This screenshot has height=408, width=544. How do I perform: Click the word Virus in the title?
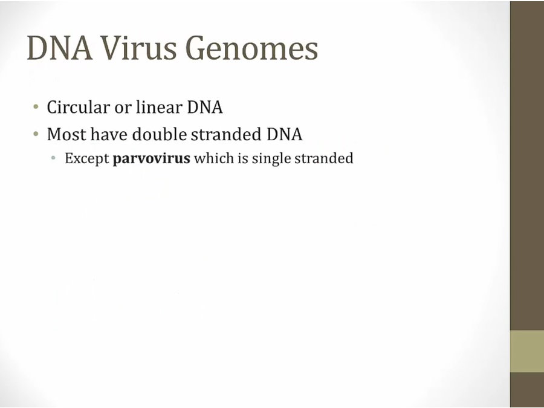139,48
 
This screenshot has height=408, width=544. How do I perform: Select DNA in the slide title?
60,48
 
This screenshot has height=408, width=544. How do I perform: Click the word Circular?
78,107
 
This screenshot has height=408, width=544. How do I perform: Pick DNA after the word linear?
205,107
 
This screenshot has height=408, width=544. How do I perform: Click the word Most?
66,134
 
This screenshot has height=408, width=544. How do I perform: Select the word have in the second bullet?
109,134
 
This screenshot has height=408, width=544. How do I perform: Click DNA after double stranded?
285,134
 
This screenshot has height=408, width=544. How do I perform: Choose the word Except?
86,158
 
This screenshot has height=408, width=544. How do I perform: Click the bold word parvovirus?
151,158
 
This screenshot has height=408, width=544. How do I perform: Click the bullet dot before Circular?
36,106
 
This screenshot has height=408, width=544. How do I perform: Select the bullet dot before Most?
36,134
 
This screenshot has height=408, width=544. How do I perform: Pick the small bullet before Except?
53,158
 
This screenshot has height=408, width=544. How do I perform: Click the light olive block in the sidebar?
527,351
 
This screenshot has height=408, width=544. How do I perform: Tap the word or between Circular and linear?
123,108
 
